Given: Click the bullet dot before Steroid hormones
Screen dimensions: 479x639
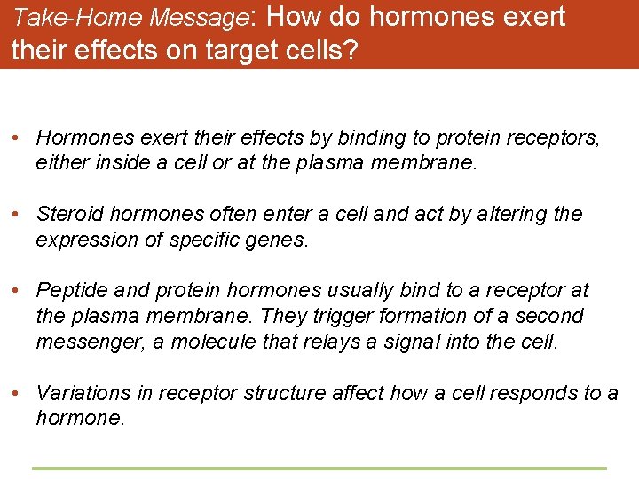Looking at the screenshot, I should tap(17, 215).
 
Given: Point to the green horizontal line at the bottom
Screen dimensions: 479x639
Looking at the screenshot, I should tap(319, 468).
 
